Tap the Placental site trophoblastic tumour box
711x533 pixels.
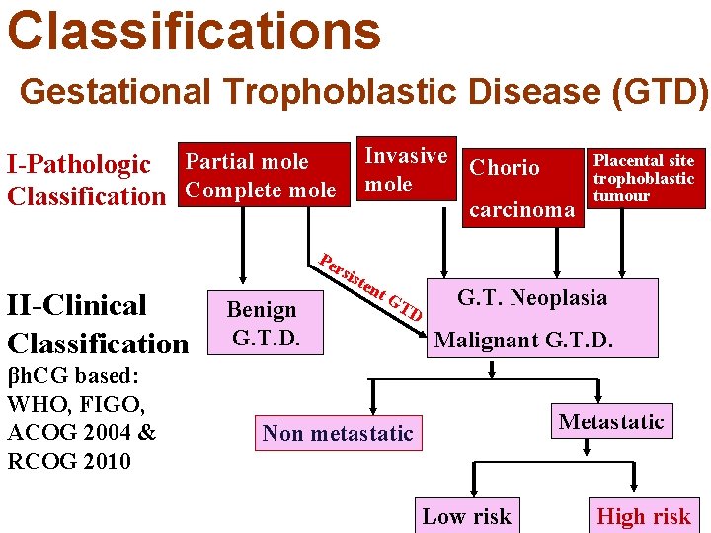pos(644,178)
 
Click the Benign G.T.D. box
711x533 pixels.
pos(262,324)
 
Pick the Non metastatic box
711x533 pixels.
pos(338,433)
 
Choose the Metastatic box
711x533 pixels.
pos(611,422)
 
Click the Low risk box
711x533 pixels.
pos(466,516)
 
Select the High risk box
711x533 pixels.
pos(644,516)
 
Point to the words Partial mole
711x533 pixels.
pos(247,162)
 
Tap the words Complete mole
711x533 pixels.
pos(260,190)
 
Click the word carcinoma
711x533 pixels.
pos(521,209)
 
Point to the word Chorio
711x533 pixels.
pos(505,168)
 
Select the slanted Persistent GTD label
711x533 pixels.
pos(371,287)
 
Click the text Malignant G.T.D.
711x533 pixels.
pos(524,341)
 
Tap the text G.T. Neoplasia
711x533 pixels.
pos(532,297)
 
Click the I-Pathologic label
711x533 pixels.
pos(79,164)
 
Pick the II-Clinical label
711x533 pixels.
pos(77,305)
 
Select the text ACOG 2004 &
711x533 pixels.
pos(81,432)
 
